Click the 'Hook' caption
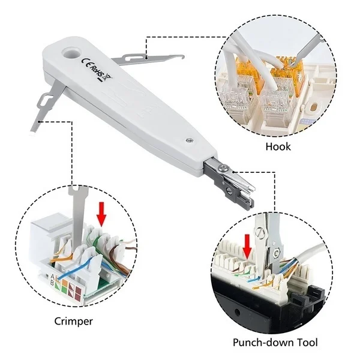pos(278,147)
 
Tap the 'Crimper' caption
pos(73,322)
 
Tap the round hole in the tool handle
pos(71,53)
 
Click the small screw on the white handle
pos(190,140)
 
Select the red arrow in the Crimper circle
pos(101,213)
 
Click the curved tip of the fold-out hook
pos(182,57)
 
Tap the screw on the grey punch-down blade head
pos(222,168)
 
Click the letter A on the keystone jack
pos(52,276)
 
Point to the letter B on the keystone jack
pos(52,283)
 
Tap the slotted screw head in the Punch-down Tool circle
pos(260,233)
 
